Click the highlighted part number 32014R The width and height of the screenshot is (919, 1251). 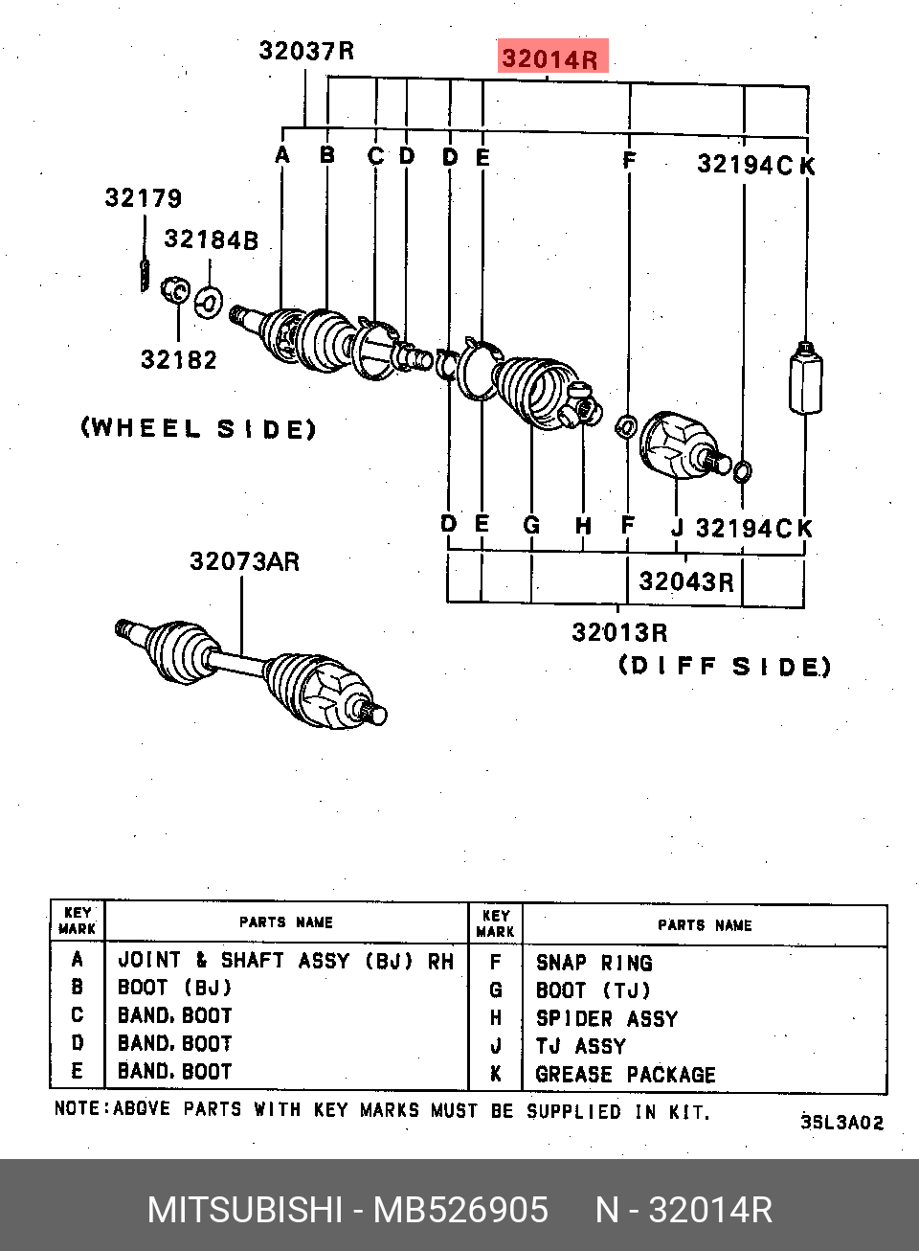(549, 58)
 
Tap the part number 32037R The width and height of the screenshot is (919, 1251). (306, 51)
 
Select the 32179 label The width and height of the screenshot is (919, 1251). (144, 198)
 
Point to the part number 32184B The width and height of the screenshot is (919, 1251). (211, 239)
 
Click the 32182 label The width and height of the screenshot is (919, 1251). (179, 359)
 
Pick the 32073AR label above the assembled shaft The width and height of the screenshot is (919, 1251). (244, 562)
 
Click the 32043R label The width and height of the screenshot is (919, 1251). (685, 582)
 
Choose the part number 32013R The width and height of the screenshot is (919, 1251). (619, 633)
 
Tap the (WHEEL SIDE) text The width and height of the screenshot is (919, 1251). (199, 429)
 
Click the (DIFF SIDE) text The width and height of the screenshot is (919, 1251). (725, 667)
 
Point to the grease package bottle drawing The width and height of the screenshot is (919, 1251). (805, 378)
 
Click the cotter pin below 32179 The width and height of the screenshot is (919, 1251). (145, 275)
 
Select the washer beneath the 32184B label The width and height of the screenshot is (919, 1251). (209, 302)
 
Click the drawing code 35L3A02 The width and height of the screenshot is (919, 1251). (842, 1123)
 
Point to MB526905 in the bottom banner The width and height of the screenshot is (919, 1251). (460, 1210)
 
